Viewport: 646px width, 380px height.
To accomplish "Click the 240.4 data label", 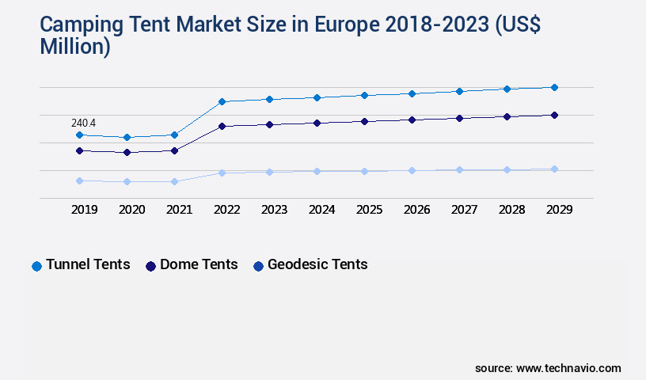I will tap(83, 123).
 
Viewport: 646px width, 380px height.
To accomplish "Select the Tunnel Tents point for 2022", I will tap(222, 101).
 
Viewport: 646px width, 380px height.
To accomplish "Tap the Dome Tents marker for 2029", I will tap(554, 115).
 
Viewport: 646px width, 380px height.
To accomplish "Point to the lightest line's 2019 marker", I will tap(79, 180).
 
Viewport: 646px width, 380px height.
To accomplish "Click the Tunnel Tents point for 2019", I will tap(79, 135).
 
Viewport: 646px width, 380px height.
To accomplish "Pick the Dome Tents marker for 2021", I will tap(174, 150).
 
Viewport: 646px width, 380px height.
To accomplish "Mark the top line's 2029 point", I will tap(554, 87).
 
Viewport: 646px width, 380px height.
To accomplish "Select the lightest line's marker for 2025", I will tap(364, 171).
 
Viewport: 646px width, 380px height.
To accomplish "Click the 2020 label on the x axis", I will tap(131, 210).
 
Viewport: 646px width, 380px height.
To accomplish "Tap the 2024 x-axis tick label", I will tap(321, 210).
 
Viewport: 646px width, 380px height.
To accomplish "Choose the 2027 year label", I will tap(464, 210).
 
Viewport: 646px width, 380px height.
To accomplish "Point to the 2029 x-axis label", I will tap(559, 210).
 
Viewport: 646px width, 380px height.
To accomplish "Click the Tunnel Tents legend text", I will tap(88, 264).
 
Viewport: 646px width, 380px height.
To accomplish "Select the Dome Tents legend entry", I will tap(199, 264).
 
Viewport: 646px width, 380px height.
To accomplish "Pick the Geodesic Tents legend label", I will tap(317, 264).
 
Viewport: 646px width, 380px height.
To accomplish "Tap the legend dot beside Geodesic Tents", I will tap(258, 266).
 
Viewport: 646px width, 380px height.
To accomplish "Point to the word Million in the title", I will tap(75, 47).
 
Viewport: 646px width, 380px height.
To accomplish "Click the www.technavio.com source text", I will tap(568, 368).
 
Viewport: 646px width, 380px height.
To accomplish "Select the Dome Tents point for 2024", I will tap(317, 123).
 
